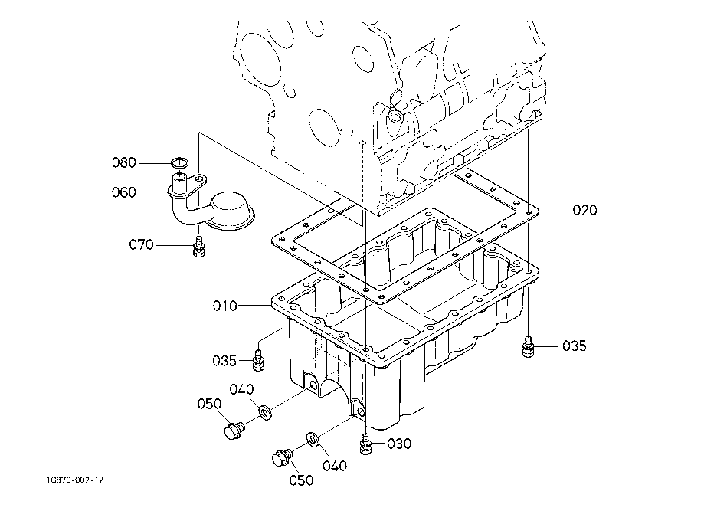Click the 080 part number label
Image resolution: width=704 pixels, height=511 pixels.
(123, 162)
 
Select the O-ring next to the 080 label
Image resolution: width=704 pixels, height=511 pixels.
(179, 162)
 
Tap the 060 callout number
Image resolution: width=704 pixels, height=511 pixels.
(123, 192)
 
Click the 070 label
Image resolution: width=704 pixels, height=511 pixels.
(142, 245)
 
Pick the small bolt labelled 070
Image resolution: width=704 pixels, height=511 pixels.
(199, 247)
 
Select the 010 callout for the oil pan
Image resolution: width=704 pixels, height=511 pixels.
(225, 306)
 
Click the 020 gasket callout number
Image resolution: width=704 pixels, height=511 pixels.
(584, 210)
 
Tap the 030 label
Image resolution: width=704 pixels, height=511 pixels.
(398, 443)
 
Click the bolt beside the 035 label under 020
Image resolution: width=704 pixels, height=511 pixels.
(527, 347)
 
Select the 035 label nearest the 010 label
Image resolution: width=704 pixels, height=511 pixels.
(225, 359)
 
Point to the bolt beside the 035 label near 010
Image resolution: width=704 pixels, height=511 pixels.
(258, 358)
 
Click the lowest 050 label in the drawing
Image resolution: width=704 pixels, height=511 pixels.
(301, 480)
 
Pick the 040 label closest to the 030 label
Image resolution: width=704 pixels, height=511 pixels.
(334, 465)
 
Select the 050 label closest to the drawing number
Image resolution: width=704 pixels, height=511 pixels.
(209, 404)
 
